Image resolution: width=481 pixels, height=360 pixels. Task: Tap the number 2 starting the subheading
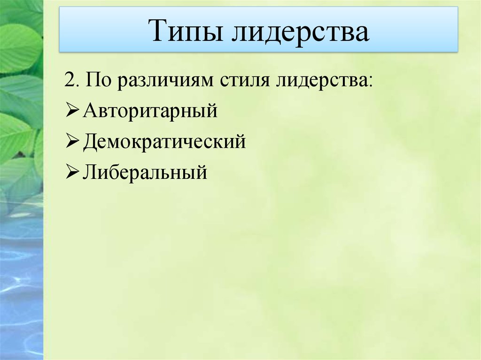[70, 80]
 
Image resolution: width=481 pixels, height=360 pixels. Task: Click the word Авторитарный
[150, 112]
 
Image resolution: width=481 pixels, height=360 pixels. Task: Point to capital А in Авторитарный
[89, 111]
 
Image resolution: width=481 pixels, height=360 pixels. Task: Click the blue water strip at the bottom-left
[21, 291]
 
